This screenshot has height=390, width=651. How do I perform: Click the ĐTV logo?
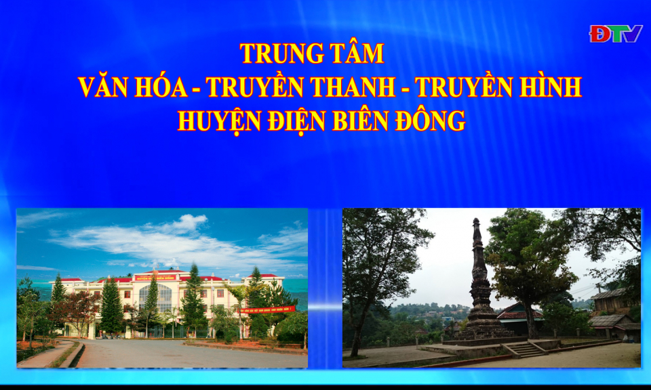pyautogui.click(x=615, y=34)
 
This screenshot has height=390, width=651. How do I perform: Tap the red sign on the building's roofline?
pyautogui.click(x=157, y=278)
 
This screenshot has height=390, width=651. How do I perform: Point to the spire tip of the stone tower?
pyautogui.click(x=476, y=221)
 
